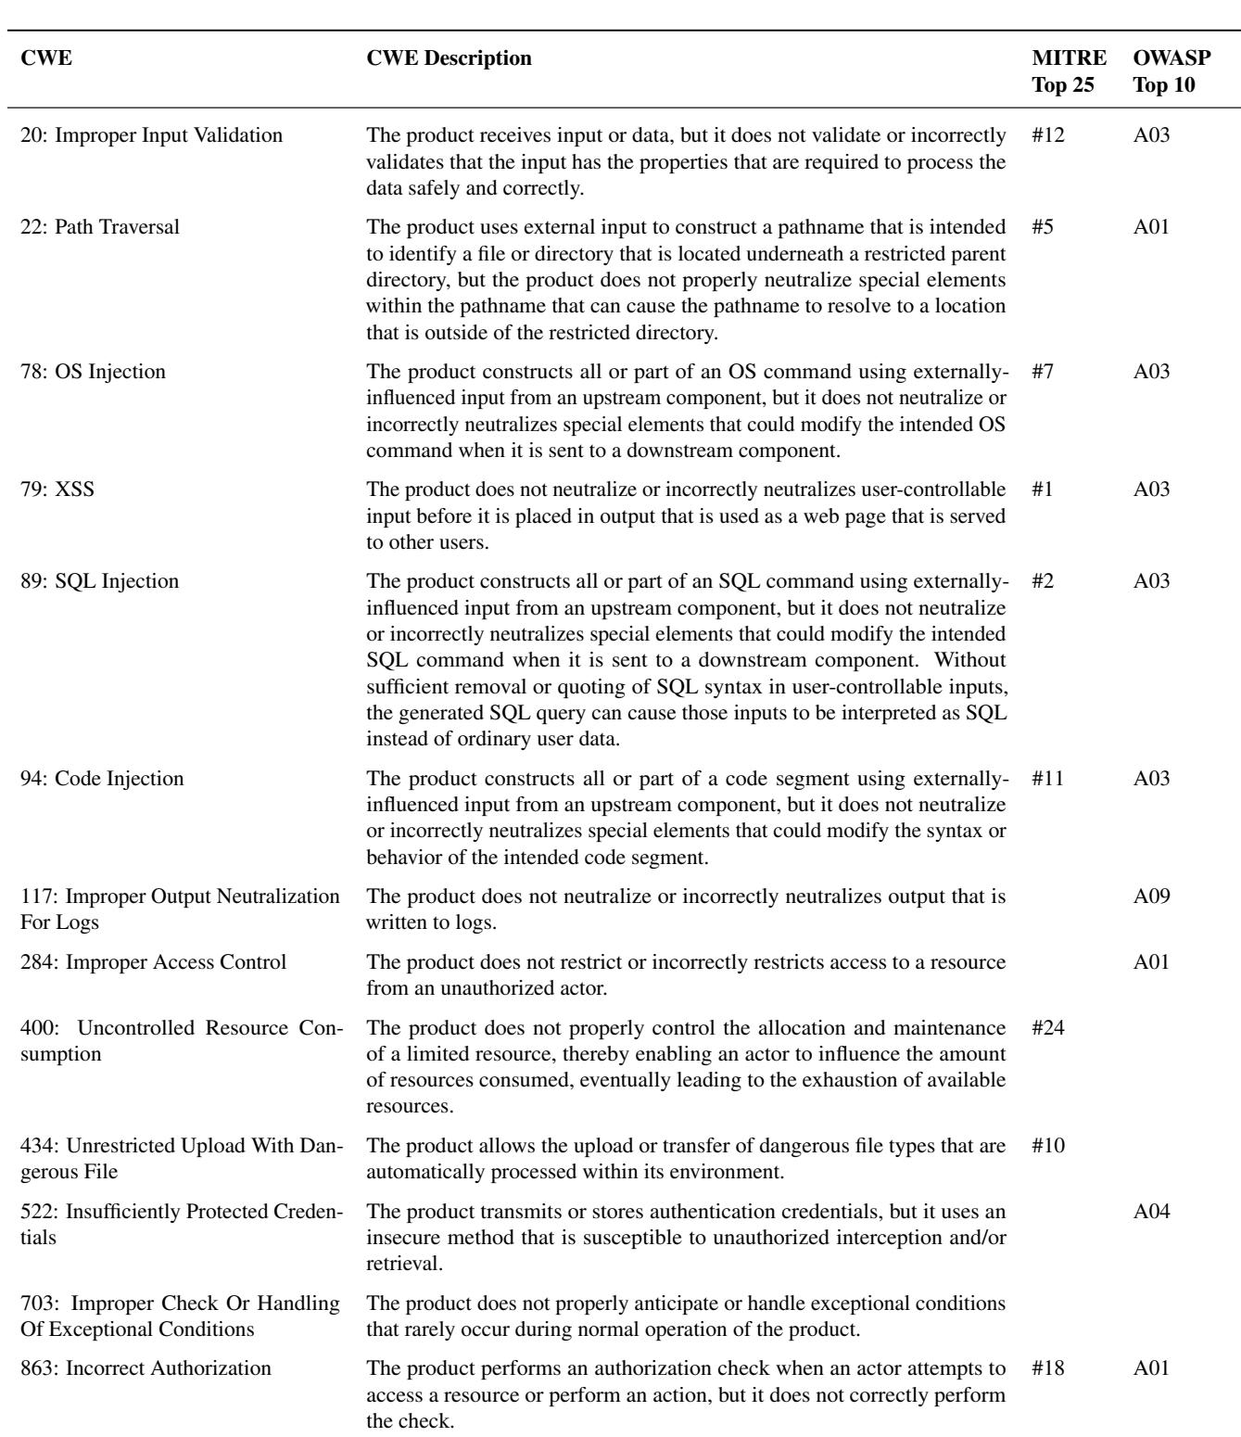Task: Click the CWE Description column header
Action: tap(450, 58)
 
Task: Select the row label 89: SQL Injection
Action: tap(100, 581)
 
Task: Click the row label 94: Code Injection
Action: tap(102, 778)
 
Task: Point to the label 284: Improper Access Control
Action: tap(153, 961)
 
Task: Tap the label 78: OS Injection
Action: tap(93, 372)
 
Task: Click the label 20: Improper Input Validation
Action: tap(151, 136)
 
